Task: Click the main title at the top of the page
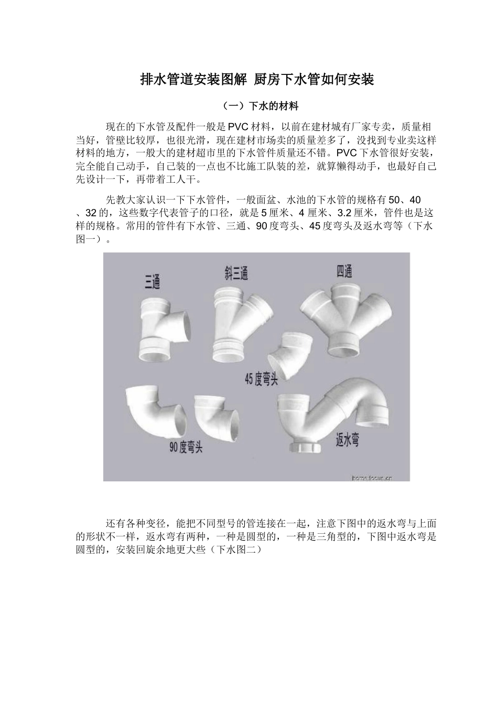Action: tap(257, 80)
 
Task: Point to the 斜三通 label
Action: tap(236, 273)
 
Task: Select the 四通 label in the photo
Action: tap(344, 271)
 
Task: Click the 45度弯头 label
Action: tap(261, 380)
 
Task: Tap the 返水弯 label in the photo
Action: tap(348, 441)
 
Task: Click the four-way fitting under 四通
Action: tap(345, 320)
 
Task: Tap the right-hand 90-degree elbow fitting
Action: tap(216, 415)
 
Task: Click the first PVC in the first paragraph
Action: tap(238, 127)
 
